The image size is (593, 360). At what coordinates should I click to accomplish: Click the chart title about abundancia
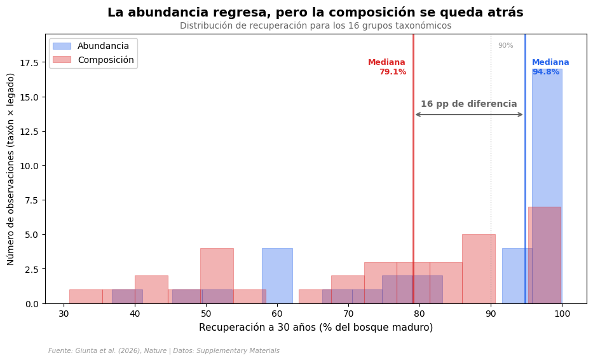coord(315,13)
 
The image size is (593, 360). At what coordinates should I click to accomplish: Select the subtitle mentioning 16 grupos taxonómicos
coord(315,26)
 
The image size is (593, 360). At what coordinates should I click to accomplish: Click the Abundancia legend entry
coord(103,46)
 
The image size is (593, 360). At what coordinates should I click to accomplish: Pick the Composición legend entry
coord(106,60)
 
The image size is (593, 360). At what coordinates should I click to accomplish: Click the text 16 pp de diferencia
coord(468,104)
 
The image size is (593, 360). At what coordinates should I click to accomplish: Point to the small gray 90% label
coord(505,46)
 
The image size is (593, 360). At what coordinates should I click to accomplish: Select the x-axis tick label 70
coord(348,314)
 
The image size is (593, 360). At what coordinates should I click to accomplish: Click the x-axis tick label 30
coord(64,314)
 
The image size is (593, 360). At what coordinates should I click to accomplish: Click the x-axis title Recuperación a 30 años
coord(315,328)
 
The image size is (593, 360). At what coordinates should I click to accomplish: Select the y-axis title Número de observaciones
coord(11,169)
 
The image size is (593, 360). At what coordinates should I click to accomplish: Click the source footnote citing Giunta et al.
coord(163,351)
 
